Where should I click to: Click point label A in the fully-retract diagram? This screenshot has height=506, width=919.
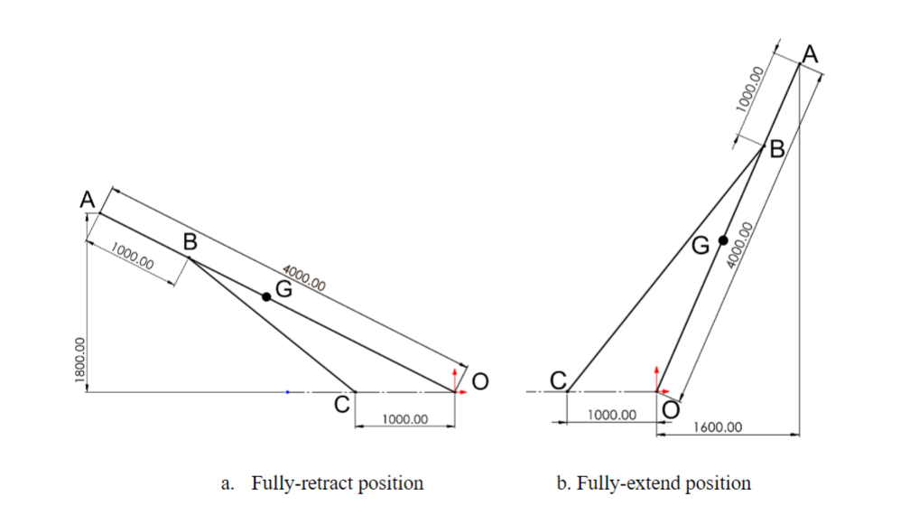88,200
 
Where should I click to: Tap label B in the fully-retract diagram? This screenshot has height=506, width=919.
190,242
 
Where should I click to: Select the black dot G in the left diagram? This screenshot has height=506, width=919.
266,296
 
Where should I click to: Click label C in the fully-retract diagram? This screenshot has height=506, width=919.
342,405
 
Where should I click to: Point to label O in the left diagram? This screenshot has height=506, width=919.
480,383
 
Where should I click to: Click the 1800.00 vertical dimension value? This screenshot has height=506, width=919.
79,361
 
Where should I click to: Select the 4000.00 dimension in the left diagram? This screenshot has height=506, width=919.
304,277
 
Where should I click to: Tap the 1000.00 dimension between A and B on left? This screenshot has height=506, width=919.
133,258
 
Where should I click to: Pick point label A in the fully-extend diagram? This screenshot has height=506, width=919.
810,55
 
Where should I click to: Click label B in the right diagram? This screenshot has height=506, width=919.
776,149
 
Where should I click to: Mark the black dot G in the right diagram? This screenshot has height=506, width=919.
723,240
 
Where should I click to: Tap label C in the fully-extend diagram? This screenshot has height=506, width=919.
559,380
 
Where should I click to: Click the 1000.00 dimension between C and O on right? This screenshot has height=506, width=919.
612,415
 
